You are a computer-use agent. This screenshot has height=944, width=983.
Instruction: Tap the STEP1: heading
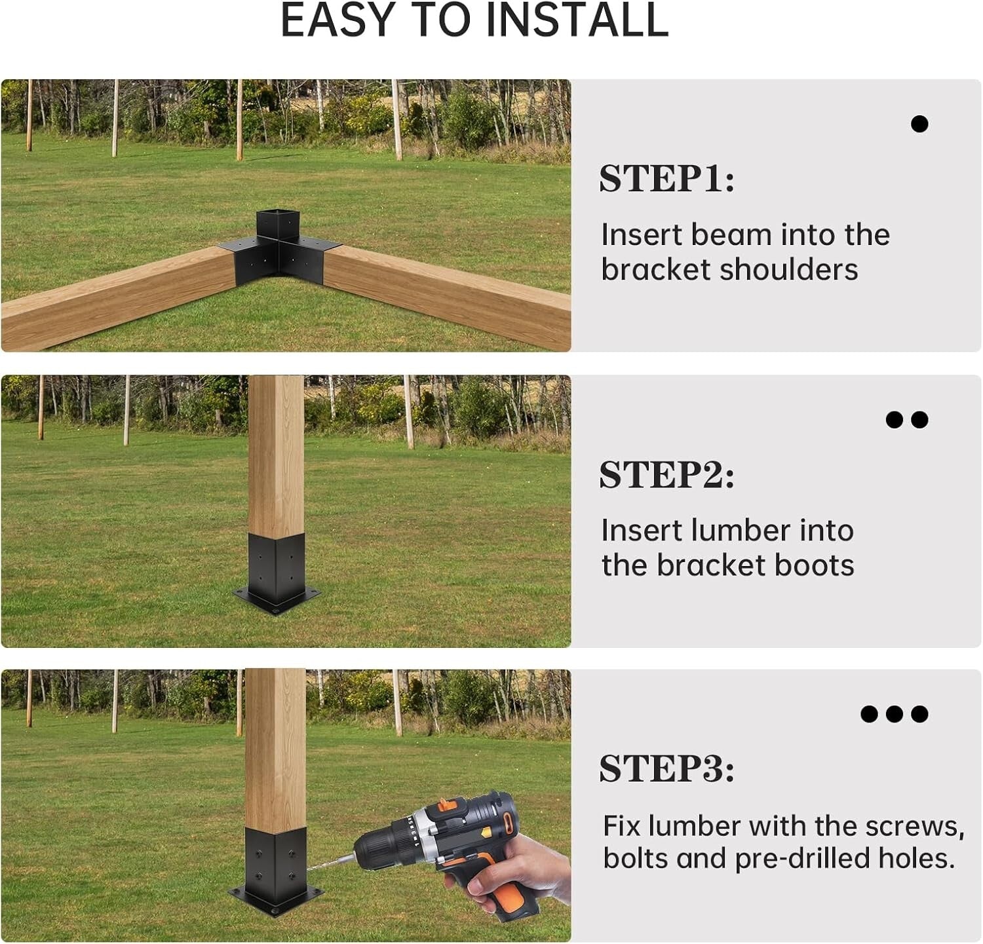click(666, 179)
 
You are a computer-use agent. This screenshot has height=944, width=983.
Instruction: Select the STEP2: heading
click(666, 475)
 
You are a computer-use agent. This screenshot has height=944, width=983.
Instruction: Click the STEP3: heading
click(666, 768)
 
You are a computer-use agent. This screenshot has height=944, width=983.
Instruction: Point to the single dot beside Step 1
click(919, 124)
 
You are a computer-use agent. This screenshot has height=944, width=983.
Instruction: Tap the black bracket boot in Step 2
click(277, 567)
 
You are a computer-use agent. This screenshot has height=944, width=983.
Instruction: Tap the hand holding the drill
click(518, 871)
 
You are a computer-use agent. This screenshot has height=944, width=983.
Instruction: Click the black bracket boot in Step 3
click(275, 858)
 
